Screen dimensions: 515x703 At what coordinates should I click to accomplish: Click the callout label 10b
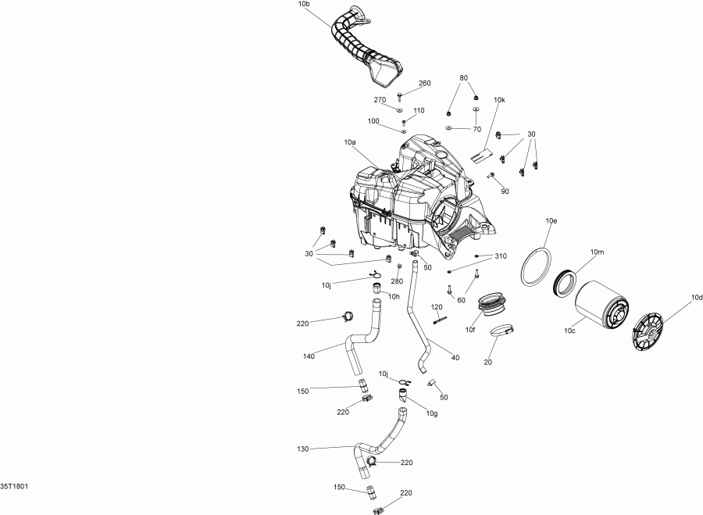click(x=304, y=5)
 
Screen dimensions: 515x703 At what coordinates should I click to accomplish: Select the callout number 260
click(x=425, y=84)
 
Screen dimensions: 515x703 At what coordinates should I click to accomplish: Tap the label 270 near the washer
click(x=380, y=100)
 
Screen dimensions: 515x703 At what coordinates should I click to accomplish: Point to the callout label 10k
click(x=499, y=101)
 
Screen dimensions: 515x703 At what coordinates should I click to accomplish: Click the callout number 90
click(x=505, y=191)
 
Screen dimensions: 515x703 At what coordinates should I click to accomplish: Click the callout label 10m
click(x=598, y=252)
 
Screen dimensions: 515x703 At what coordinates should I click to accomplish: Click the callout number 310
click(x=501, y=256)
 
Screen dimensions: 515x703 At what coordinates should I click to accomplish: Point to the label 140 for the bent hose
click(x=310, y=357)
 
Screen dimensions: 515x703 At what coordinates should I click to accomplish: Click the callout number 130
click(x=304, y=449)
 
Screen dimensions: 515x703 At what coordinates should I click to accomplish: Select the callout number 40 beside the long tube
click(x=455, y=357)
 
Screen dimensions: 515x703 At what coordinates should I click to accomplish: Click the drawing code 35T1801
click(x=15, y=485)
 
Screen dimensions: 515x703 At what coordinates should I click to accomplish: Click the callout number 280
click(x=397, y=281)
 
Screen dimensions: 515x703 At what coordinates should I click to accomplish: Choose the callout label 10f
click(x=470, y=331)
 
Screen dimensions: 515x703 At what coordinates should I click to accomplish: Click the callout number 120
click(x=437, y=306)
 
